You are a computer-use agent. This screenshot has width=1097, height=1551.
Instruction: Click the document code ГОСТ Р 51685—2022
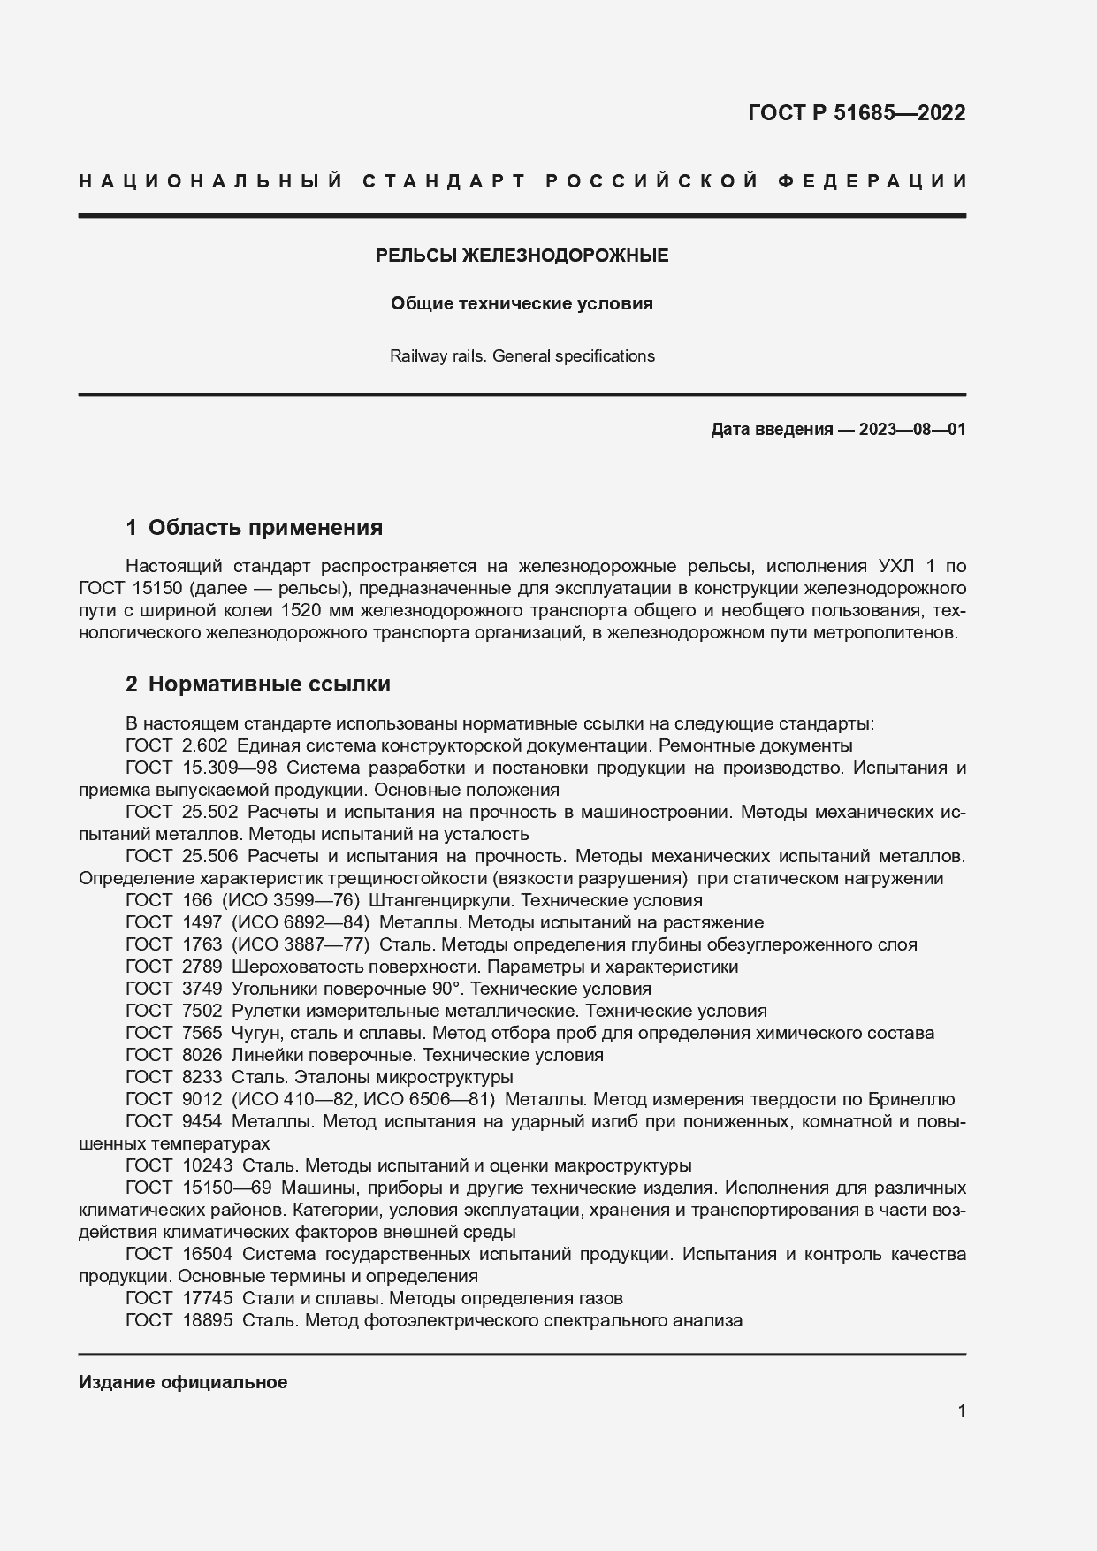pos(856,113)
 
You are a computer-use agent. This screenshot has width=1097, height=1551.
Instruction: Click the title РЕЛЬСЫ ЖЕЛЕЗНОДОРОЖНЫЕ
pos(522,256)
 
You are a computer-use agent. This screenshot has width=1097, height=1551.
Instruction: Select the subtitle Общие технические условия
pos(522,304)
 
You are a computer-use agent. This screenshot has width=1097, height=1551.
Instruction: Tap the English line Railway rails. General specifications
pos(522,356)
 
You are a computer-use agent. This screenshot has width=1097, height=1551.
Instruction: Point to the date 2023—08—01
pos(911,430)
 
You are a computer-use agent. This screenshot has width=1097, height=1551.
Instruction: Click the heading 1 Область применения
pos(255,528)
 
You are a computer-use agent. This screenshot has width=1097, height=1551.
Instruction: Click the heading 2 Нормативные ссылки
pos(257,684)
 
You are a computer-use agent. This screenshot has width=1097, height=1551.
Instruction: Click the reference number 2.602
pos(204,745)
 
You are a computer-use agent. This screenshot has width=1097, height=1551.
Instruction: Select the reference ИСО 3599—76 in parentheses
pos(289,900)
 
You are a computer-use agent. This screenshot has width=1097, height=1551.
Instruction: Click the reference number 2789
pos(202,967)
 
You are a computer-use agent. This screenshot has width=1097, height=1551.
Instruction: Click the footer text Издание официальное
pos(183,1382)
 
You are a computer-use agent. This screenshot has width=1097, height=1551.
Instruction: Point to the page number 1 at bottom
pos(961,1410)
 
